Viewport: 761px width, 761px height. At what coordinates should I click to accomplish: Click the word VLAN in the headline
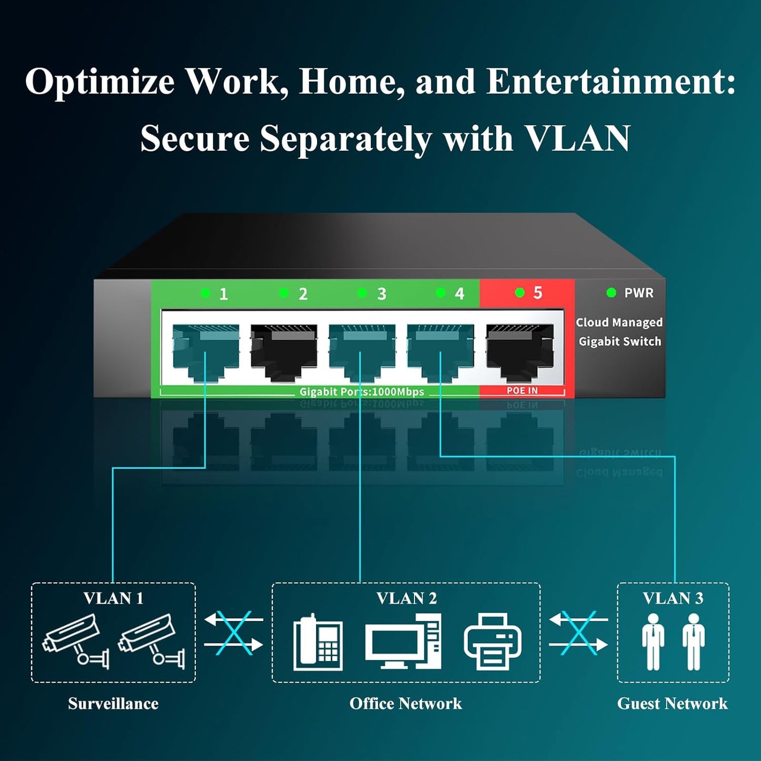coord(577,139)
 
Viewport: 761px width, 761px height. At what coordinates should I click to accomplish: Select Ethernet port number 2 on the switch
coord(283,352)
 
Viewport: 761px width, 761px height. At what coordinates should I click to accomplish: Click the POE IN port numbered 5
coord(519,352)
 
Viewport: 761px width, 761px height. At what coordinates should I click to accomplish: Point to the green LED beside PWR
coord(611,293)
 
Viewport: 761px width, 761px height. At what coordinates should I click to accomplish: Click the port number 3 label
coord(381,294)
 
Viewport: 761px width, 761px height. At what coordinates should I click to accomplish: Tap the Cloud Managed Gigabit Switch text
coord(619,332)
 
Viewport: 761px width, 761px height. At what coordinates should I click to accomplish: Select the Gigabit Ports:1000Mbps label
coord(361,392)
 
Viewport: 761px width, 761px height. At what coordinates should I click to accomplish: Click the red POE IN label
coord(522,391)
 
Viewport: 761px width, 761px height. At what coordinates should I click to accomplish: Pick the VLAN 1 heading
coord(113,598)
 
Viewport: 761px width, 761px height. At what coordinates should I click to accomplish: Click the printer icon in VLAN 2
coord(492,641)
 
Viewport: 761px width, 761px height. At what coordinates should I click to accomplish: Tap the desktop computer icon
coord(403,642)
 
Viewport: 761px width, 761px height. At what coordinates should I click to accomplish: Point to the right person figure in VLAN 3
coord(694,641)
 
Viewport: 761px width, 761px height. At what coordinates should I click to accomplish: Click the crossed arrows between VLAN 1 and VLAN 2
coord(233,632)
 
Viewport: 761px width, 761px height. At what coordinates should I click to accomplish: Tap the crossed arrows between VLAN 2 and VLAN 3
coord(578,632)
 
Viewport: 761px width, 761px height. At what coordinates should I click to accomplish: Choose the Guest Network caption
coord(673,704)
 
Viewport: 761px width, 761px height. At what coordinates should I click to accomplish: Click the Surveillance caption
coord(113,704)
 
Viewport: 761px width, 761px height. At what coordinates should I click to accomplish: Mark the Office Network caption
coord(406,704)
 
